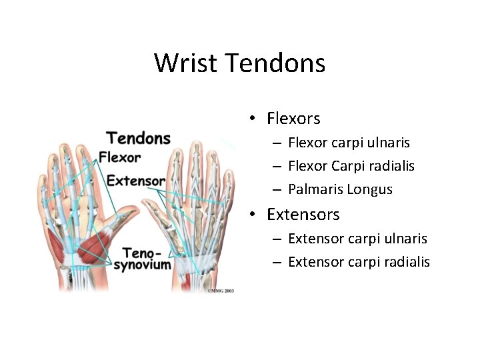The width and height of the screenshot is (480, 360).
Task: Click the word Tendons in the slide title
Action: [x=275, y=63]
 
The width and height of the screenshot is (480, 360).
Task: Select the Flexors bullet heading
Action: [x=293, y=119]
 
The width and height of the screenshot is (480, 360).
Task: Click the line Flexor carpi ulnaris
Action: [x=349, y=143]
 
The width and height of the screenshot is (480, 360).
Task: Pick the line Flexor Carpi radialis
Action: [x=351, y=166]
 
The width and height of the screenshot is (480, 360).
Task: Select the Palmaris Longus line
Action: [x=340, y=189]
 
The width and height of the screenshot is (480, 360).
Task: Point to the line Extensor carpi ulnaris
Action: [x=357, y=239]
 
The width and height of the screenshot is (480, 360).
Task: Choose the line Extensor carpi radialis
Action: [x=359, y=262]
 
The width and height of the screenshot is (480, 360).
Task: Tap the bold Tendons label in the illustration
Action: [x=139, y=138]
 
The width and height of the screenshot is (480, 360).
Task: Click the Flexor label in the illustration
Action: [x=120, y=158]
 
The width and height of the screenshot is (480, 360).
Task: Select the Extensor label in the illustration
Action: [x=136, y=181]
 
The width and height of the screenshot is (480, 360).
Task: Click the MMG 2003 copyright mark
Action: [x=221, y=291]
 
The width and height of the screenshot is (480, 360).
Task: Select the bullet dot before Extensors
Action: [x=253, y=215]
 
